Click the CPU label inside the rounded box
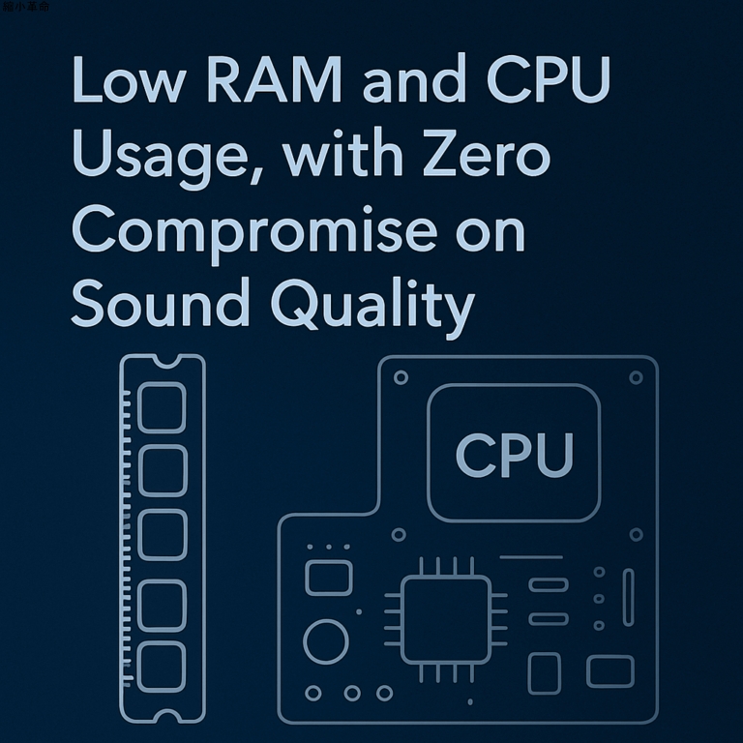coord(514,454)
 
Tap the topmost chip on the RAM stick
coord(162,407)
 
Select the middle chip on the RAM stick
coord(162,535)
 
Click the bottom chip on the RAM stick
coord(162,666)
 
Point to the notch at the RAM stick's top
coord(163,360)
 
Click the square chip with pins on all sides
coord(446,620)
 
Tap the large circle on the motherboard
coord(326,641)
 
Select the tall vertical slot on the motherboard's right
coord(629,597)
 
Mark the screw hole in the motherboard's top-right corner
coord(636,377)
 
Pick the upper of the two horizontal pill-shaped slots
coord(549,584)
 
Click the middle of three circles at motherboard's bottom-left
coord(352,693)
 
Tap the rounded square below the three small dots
coord(328,578)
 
